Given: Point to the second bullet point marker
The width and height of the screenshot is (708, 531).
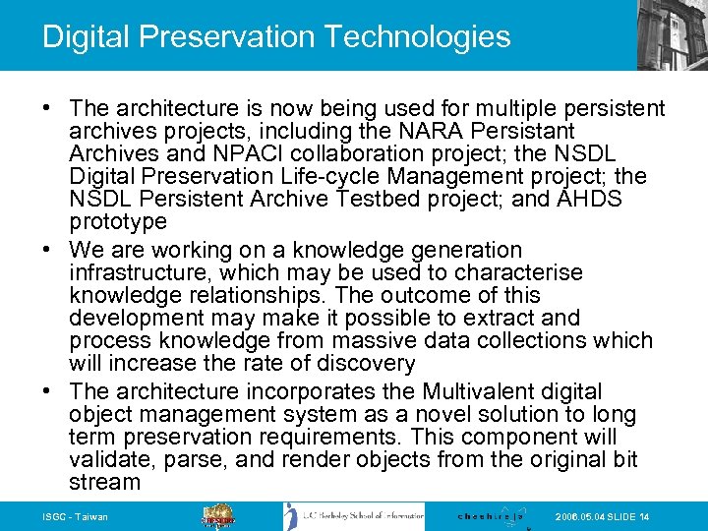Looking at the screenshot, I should pyautogui.click(x=49, y=251).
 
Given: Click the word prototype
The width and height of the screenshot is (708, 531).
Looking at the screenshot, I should pyautogui.click(x=118, y=221).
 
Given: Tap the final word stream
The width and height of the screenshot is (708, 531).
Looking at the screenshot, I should pyautogui.click(x=105, y=482).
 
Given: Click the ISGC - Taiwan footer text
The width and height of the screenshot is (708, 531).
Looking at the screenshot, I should pyautogui.click(x=76, y=517).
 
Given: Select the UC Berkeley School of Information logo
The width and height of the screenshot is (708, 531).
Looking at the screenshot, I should pyautogui.click(x=353, y=516).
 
